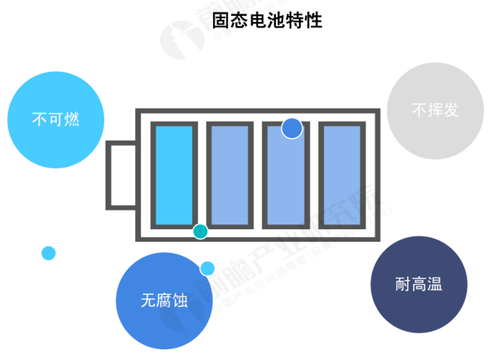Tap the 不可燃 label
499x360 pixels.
tap(55, 119)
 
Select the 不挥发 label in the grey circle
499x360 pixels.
tap(435, 110)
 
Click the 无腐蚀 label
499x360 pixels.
tap(164, 301)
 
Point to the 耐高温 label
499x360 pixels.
tap(419, 284)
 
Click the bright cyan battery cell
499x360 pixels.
tap(173, 175)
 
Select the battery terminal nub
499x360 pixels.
tap(120, 175)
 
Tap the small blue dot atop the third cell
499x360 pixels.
tap(292, 128)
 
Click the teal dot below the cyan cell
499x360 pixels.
tap(200, 231)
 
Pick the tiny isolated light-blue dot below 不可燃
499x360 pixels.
tap(48, 253)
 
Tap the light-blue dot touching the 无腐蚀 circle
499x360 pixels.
tap(207, 268)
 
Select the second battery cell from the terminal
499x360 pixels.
tap(229, 175)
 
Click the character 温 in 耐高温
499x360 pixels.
tap(435, 284)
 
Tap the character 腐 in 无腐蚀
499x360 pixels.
tap(164, 301)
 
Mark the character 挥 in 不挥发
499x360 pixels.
tap(435, 110)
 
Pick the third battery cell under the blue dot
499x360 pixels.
tap(284, 180)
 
